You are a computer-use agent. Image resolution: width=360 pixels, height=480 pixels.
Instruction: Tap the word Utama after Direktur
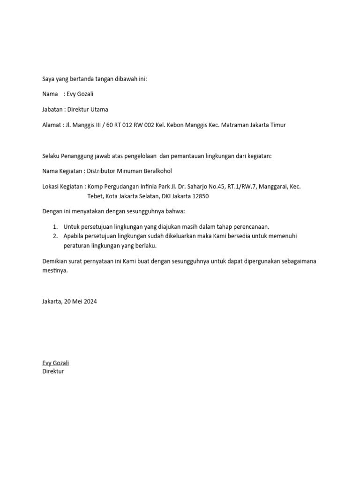[x=99, y=110]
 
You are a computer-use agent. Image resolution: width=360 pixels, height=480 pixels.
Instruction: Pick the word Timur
[x=276, y=125]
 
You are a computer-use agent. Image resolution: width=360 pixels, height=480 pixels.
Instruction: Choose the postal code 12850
[x=199, y=196]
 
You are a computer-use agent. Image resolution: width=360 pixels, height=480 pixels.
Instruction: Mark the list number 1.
[x=55, y=227]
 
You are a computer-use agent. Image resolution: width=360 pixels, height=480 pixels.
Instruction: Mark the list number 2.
[x=55, y=236]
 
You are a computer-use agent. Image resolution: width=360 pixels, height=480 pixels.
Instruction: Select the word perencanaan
[x=249, y=227]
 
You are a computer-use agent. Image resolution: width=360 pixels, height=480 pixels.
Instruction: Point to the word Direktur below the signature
[x=53, y=371]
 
